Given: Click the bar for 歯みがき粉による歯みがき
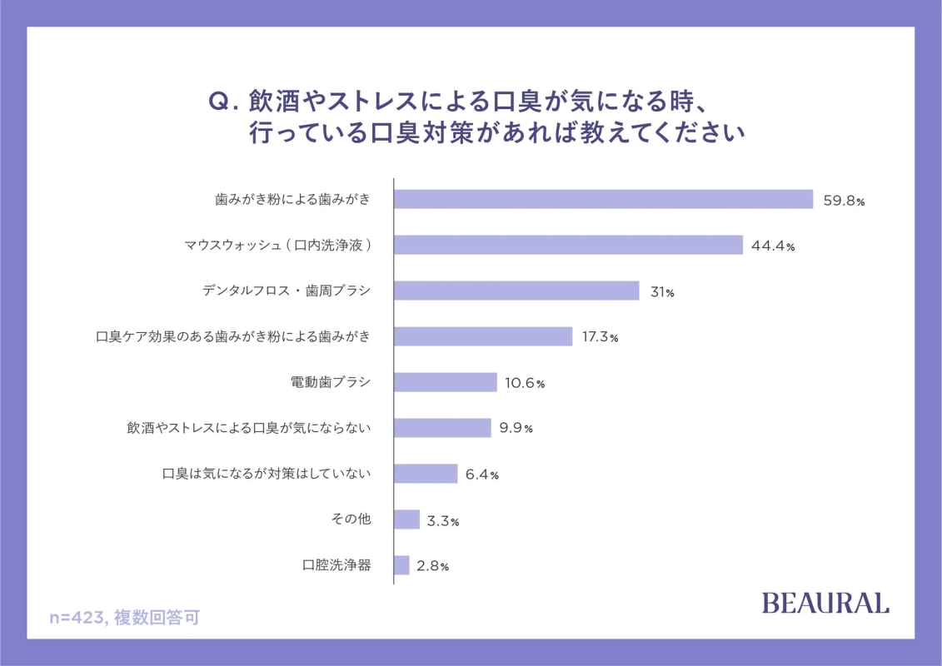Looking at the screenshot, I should coord(603,199).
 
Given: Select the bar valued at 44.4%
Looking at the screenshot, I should coord(568,245).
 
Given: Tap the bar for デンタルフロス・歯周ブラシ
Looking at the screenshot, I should coord(516,291).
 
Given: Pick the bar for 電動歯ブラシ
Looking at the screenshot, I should coord(446,382).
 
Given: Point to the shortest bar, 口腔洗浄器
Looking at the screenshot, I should coord(401,565).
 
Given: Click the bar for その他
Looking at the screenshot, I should coord(406,519).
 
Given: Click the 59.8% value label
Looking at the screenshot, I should coord(844,201).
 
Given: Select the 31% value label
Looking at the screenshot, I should coord(663,292).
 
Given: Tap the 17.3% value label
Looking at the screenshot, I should coord(600,338).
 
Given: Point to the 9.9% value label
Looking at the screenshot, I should coord(516,429).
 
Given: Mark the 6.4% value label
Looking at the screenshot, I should coord(481,475).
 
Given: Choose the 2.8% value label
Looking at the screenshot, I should coord(432,566).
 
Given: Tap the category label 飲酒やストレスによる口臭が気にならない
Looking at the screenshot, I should coord(248,428).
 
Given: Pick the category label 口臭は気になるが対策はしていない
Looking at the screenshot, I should coord(266,474).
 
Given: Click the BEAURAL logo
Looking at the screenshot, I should coord(825,603).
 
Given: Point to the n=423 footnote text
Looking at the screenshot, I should coord(124,618).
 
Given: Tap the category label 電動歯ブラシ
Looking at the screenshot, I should coord(330,382).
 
